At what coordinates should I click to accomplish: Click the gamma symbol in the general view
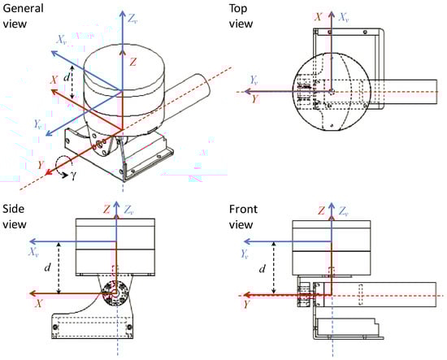[x=73, y=176]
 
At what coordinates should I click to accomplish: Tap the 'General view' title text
[x=23, y=15]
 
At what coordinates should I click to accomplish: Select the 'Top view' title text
[x=241, y=16]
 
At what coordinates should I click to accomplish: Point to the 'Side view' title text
[x=15, y=217]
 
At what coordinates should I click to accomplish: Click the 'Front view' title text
[x=243, y=217]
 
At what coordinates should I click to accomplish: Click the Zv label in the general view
[x=132, y=19]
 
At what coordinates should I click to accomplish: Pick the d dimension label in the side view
[x=48, y=267]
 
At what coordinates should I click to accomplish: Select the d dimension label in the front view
[x=263, y=268]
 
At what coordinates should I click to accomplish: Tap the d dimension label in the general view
[x=67, y=77]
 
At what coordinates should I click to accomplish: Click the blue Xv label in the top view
[x=344, y=17]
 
